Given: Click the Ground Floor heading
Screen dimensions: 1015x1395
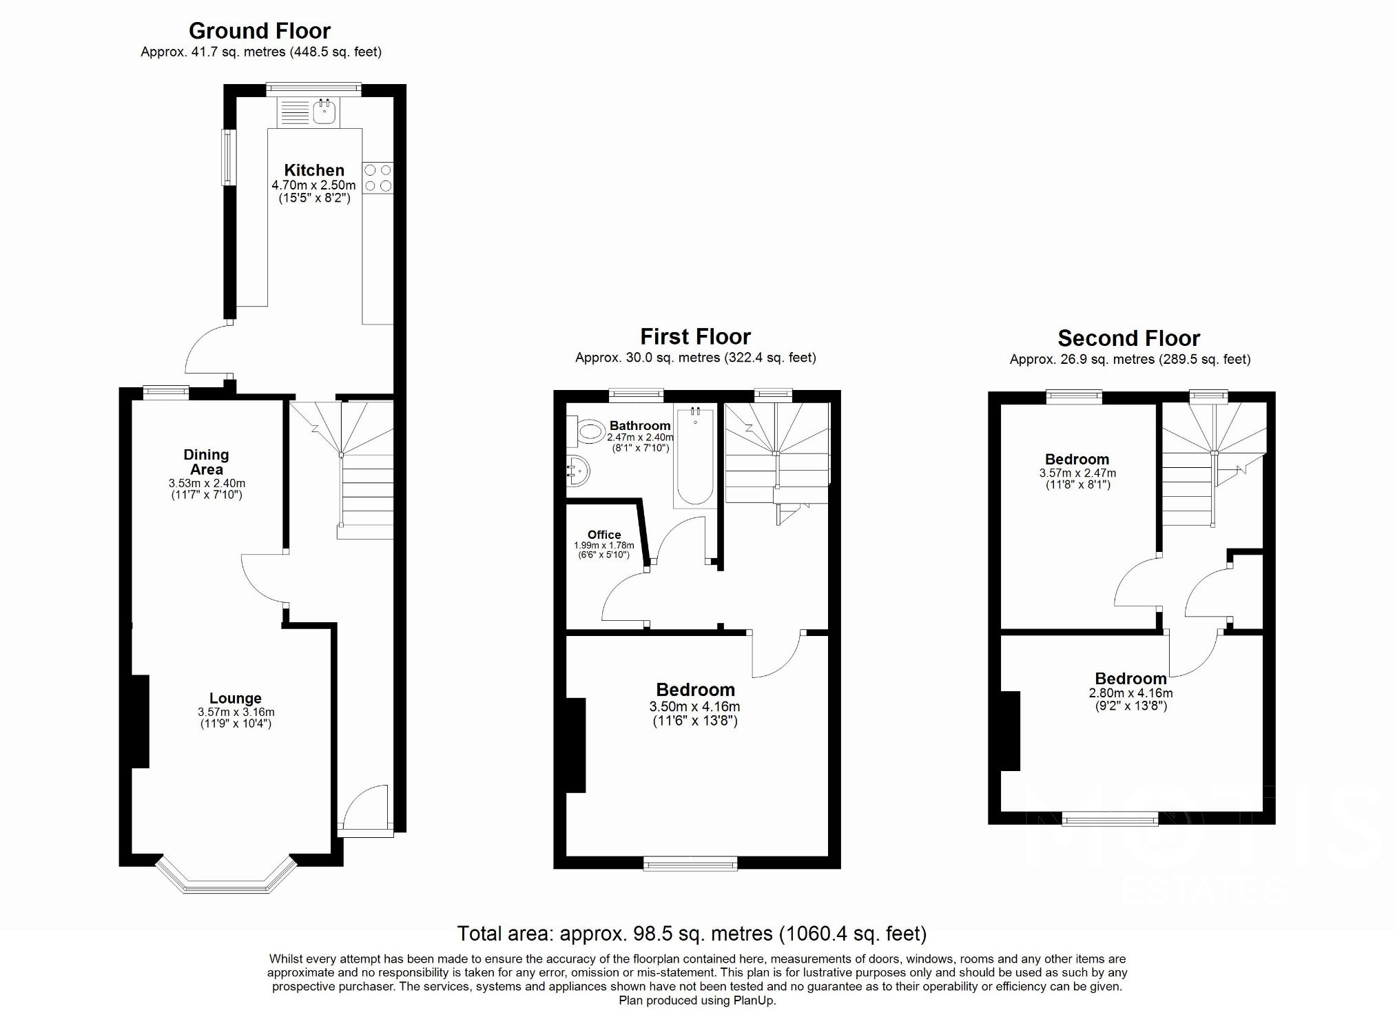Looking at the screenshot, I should point(260,31).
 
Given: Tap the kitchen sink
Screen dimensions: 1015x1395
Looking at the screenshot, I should point(324,111).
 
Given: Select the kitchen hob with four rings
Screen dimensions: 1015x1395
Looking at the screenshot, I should point(378,178).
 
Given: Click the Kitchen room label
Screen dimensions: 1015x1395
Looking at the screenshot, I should point(314,170).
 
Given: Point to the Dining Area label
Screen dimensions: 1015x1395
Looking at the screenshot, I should point(206,462).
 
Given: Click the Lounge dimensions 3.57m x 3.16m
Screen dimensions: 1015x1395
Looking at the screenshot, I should point(236,712).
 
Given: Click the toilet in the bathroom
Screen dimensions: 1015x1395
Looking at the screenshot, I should point(588,432).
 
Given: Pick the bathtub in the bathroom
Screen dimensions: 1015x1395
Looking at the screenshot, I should point(695,456).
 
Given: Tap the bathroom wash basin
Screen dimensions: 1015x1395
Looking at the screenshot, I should point(579,471).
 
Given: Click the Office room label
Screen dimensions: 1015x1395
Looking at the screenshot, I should point(604,535).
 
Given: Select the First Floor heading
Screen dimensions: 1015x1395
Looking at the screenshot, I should point(695,337).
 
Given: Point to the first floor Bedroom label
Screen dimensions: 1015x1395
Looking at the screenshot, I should point(695,690).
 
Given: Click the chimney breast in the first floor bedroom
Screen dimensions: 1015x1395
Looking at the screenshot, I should point(576,745).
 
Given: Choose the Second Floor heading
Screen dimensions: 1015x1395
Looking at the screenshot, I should point(1128,338).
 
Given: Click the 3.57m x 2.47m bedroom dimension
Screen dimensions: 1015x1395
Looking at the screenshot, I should point(1077,473).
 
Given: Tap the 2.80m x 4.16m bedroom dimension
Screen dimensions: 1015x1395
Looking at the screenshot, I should point(1130,693).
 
